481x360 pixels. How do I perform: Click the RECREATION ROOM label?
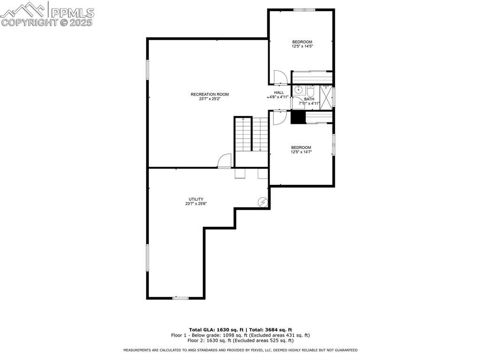(209, 94)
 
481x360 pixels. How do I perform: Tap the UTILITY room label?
(196, 199)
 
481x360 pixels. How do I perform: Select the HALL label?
(279, 92)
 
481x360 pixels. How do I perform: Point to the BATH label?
(309, 99)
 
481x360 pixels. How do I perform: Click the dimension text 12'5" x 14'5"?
(302, 46)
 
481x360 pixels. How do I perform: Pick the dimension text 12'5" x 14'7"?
(301, 152)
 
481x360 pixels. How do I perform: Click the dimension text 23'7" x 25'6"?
(196, 204)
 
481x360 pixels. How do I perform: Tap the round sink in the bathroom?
(298, 91)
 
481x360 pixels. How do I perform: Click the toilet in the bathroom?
(310, 91)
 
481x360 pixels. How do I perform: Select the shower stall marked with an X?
(326, 98)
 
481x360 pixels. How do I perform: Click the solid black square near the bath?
(298, 117)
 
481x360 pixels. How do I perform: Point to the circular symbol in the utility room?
(263, 202)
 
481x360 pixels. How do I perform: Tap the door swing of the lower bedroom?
(279, 118)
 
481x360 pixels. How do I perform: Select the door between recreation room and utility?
(225, 161)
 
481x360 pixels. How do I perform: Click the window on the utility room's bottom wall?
(180, 298)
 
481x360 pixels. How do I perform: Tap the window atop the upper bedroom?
(304, 9)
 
